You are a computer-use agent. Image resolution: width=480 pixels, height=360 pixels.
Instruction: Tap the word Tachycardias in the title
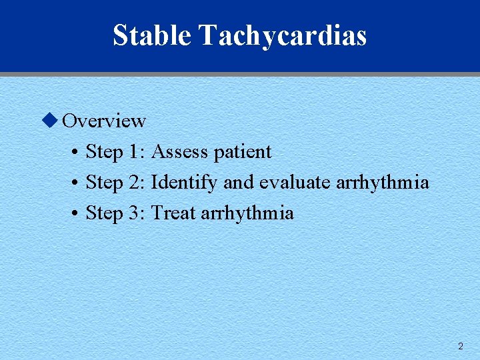(x=282, y=36)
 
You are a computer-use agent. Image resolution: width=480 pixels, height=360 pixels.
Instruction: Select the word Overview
(x=103, y=121)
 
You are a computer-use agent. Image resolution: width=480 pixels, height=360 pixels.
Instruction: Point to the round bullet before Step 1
(x=75, y=153)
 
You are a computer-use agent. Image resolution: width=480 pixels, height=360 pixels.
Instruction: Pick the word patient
(x=242, y=153)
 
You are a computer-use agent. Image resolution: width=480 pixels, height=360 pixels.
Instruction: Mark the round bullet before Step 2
(x=75, y=183)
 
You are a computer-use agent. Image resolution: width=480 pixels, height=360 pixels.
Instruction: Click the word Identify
(x=185, y=183)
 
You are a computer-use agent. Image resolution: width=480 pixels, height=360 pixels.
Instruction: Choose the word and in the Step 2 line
(x=238, y=183)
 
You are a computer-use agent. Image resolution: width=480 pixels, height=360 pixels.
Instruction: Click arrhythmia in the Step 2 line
(x=383, y=183)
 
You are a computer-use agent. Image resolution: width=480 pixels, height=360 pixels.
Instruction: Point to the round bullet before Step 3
(x=75, y=214)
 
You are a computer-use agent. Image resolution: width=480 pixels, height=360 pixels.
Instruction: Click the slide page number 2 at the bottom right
(x=460, y=346)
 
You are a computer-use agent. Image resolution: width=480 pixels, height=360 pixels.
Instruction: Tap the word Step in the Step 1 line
(x=105, y=153)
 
